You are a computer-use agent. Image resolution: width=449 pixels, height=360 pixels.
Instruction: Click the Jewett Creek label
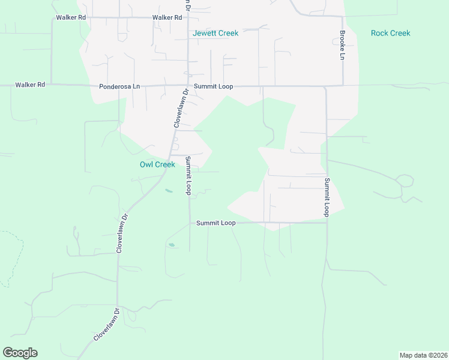[x=215, y=33]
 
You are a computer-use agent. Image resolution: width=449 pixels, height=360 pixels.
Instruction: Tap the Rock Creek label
[x=390, y=33]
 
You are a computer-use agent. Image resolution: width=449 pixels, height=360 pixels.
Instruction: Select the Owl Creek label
[x=157, y=164]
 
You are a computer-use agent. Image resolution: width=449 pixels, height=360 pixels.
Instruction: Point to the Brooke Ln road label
[x=342, y=44]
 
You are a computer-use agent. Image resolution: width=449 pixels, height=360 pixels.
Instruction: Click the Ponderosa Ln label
[x=119, y=86]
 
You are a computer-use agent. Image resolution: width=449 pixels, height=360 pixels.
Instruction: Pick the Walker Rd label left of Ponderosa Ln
[x=30, y=85]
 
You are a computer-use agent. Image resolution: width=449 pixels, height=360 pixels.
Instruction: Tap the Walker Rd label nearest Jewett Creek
[x=167, y=18]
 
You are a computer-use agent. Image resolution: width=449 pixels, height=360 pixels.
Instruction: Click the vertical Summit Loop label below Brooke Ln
[x=327, y=197]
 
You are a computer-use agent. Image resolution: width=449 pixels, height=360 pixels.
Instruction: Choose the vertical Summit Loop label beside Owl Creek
[x=188, y=175]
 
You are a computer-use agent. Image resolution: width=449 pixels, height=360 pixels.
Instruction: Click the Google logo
[x=20, y=353]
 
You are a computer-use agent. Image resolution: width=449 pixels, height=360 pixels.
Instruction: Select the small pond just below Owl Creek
[x=169, y=191]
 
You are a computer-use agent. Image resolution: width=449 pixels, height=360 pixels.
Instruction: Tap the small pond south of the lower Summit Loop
[x=172, y=245]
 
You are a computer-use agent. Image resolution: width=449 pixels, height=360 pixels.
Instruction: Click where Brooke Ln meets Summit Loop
[x=342, y=86]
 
